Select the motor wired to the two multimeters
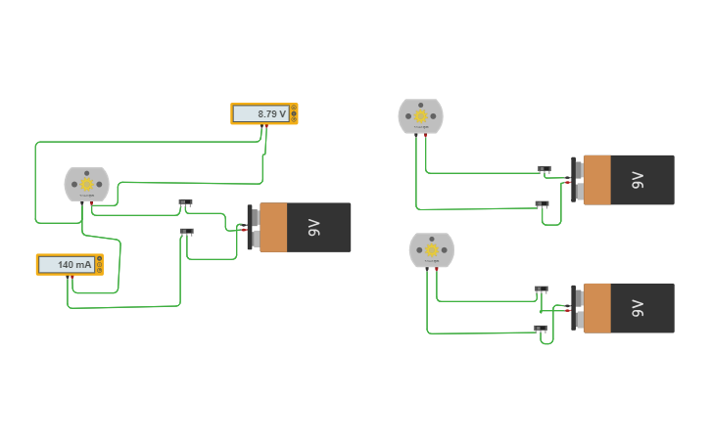(x=86, y=184)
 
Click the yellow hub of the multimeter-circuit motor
(x=86, y=184)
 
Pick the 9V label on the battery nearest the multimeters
(x=313, y=227)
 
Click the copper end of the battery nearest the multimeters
(x=273, y=227)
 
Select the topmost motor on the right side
(x=420, y=116)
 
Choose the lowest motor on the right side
(x=431, y=250)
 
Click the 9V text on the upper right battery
(x=638, y=180)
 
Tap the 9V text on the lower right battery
(x=638, y=308)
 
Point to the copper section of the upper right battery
(x=596, y=180)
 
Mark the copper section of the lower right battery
(x=596, y=308)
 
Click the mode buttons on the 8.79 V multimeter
(x=293, y=113)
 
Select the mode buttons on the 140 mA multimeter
(x=99, y=264)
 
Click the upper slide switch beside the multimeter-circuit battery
(x=185, y=202)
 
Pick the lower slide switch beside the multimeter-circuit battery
(x=186, y=231)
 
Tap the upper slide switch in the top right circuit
(x=544, y=168)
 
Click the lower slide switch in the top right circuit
(x=542, y=203)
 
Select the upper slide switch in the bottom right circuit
(x=542, y=288)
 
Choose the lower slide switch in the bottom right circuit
(x=540, y=328)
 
